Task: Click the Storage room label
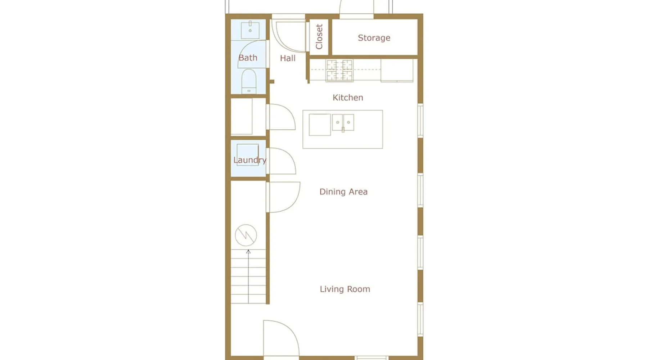point(374,38)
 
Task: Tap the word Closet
point(319,36)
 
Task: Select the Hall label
point(288,58)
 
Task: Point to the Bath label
point(248,58)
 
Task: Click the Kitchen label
point(348,98)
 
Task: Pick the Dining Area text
point(343,192)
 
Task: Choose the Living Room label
point(345,289)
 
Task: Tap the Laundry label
point(250,160)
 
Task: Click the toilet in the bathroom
point(249,81)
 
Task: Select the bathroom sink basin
point(250,30)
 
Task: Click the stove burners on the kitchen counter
point(339,71)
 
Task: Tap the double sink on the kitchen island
point(343,122)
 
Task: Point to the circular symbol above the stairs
point(246,235)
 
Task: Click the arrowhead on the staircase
point(248,252)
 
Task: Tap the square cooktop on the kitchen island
point(320,125)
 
